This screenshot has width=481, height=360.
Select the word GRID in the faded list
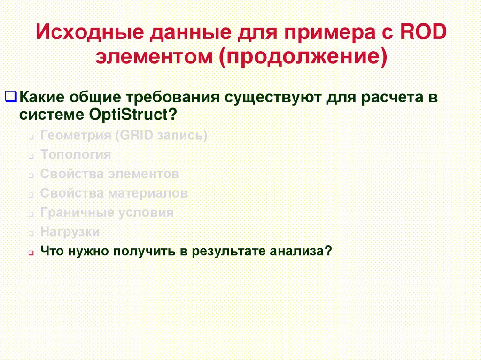pyautogui.click(x=135, y=136)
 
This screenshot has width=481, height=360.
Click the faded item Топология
pyautogui.click(x=76, y=155)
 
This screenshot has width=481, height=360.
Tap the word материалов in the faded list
pyautogui.click(x=148, y=193)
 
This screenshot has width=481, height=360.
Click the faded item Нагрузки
pyautogui.click(x=70, y=231)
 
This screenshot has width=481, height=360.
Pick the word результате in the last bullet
pyautogui.click(x=229, y=251)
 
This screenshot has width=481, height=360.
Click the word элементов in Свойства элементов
pyautogui.click(x=143, y=174)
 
